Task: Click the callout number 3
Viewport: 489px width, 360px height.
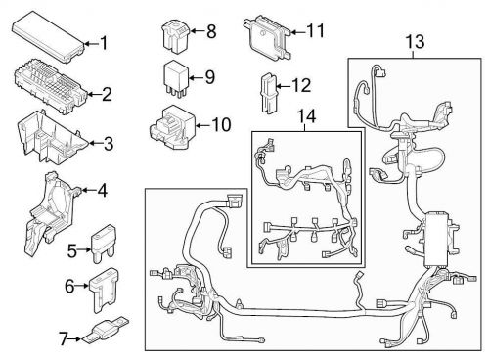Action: [109, 144]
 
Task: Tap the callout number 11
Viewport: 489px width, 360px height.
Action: [315, 31]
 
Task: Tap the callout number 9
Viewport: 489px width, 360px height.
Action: [208, 77]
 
